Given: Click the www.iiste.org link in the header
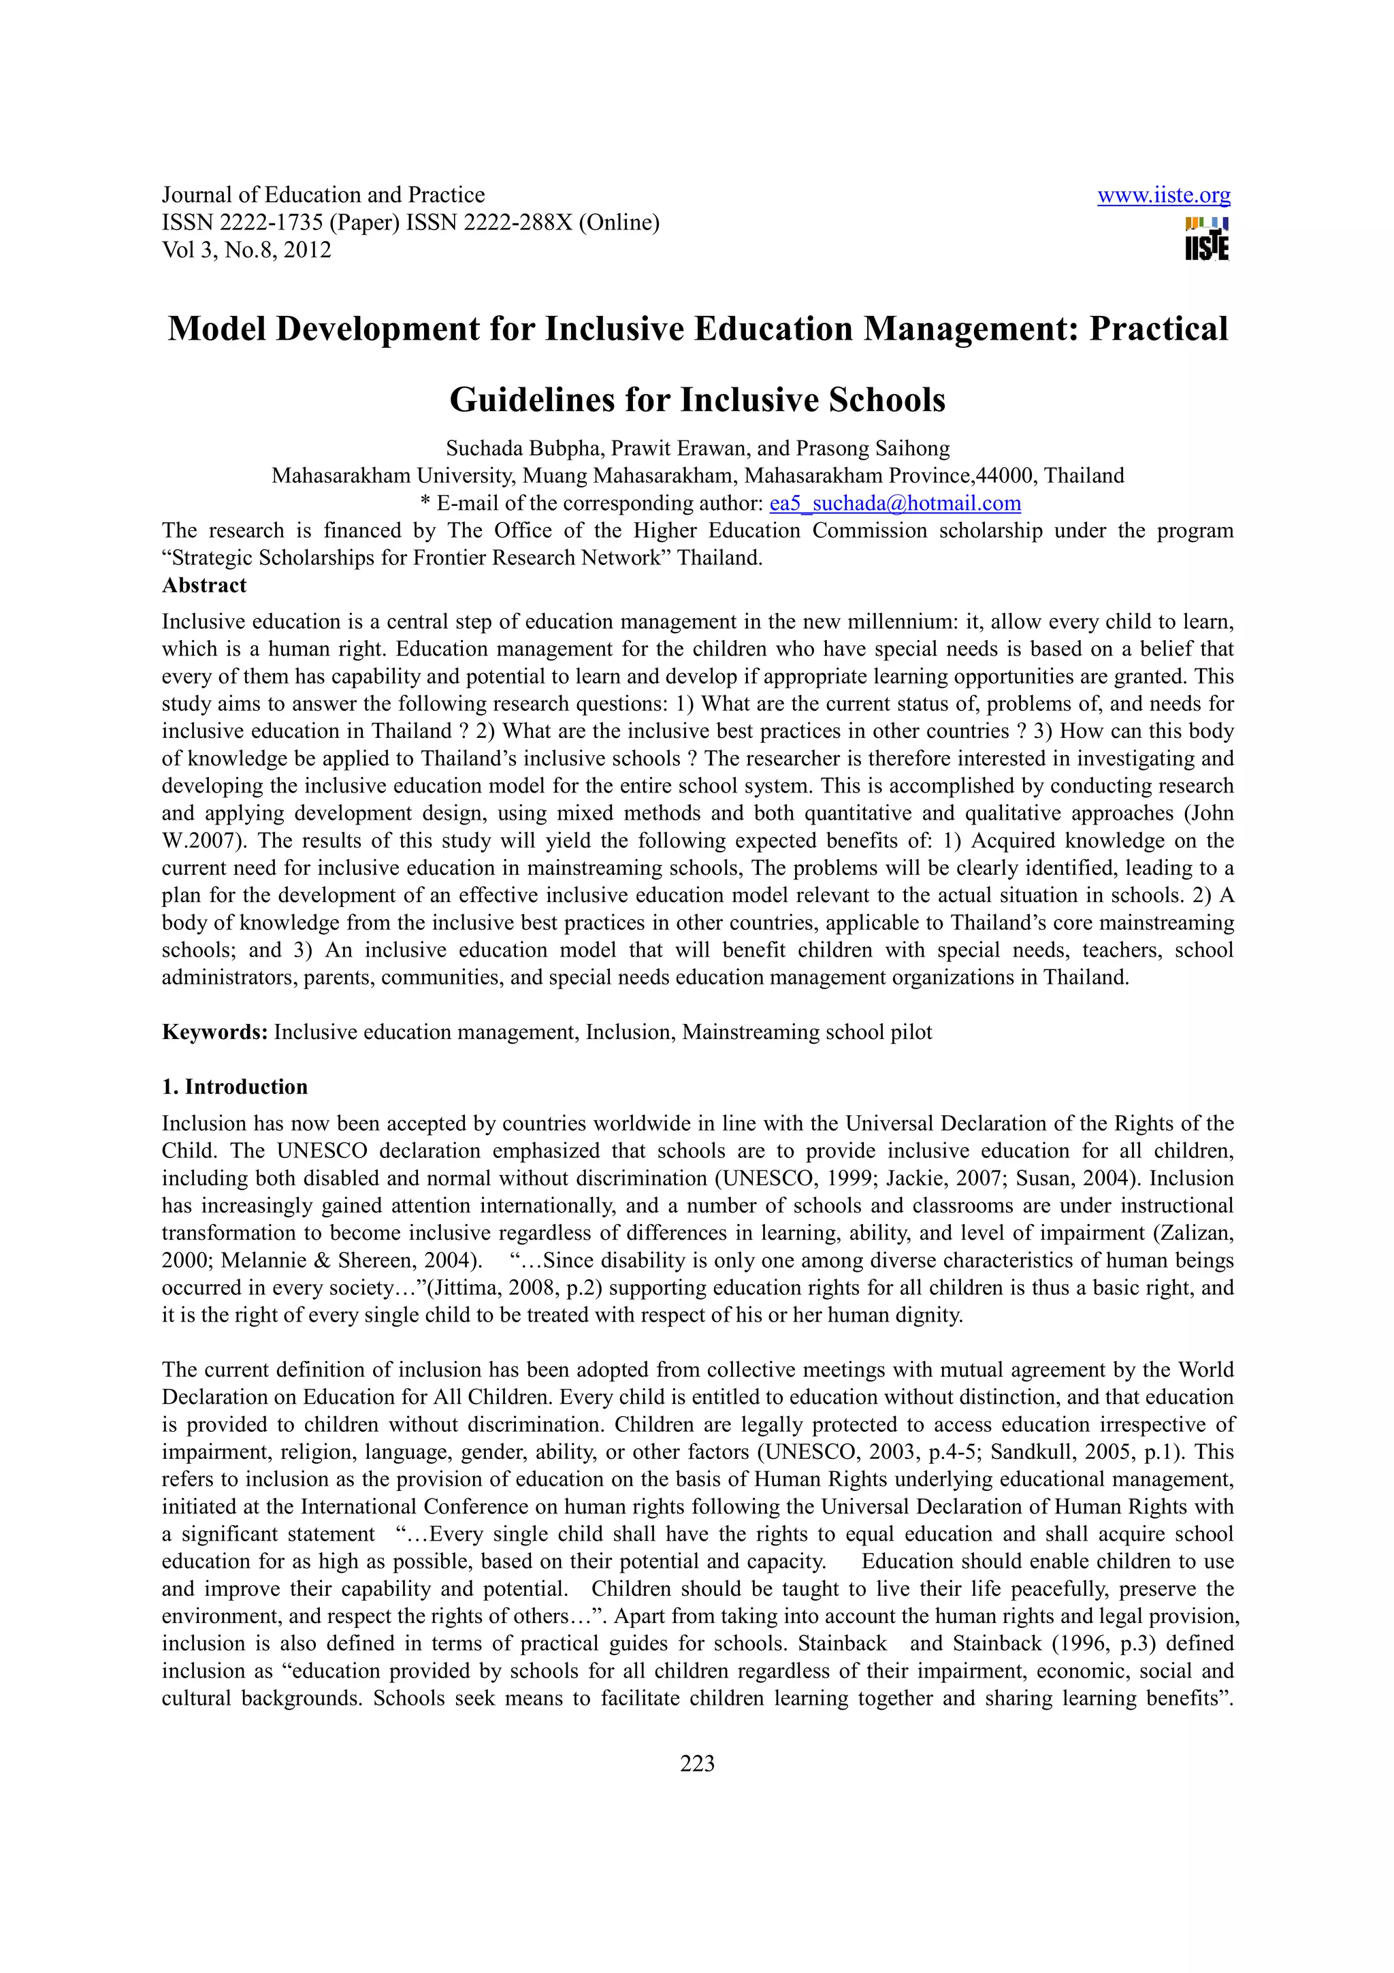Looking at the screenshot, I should pyautogui.click(x=1163, y=196).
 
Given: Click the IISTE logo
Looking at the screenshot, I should pyautogui.click(x=1207, y=238).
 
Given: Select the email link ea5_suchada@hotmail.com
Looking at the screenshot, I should pyautogui.click(x=895, y=504).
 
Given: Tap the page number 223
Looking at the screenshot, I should pyautogui.click(x=696, y=1764).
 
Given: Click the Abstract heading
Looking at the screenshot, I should pyautogui.click(x=204, y=586).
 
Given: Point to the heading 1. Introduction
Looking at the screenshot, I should pyautogui.click(x=234, y=1087).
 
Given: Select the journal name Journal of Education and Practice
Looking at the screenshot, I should pyautogui.click(x=323, y=195).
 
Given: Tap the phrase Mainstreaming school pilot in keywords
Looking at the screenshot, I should pyautogui.click(x=807, y=1032).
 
